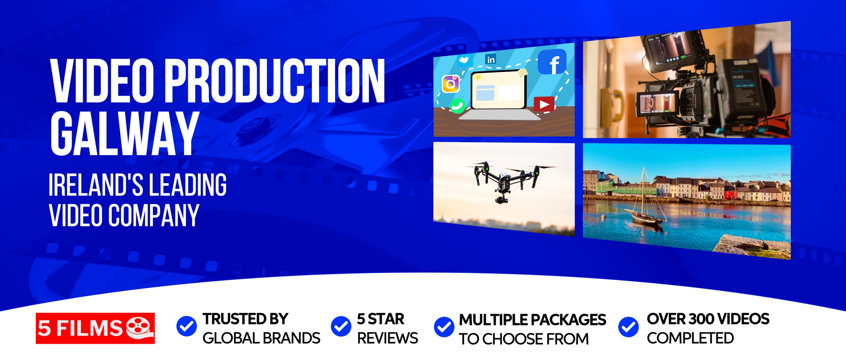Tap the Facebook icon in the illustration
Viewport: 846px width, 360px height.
tap(552, 62)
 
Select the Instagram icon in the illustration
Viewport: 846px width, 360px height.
tap(450, 84)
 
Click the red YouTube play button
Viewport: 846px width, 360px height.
tap(544, 105)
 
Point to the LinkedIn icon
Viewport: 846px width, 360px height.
tap(491, 60)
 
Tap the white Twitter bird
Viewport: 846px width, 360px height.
tap(464, 60)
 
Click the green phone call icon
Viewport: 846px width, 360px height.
tap(458, 106)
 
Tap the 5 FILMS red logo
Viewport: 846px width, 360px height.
tap(95, 328)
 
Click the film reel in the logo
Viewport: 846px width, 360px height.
tap(140, 327)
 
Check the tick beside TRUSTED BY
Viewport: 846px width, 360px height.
tap(186, 326)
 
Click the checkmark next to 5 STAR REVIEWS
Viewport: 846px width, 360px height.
tap(341, 326)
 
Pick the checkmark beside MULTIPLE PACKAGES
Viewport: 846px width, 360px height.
tap(444, 327)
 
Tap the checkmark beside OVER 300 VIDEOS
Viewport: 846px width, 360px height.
tap(628, 327)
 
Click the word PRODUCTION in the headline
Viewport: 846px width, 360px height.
tap(274, 81)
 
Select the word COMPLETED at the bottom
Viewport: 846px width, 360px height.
tap(690, 338)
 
